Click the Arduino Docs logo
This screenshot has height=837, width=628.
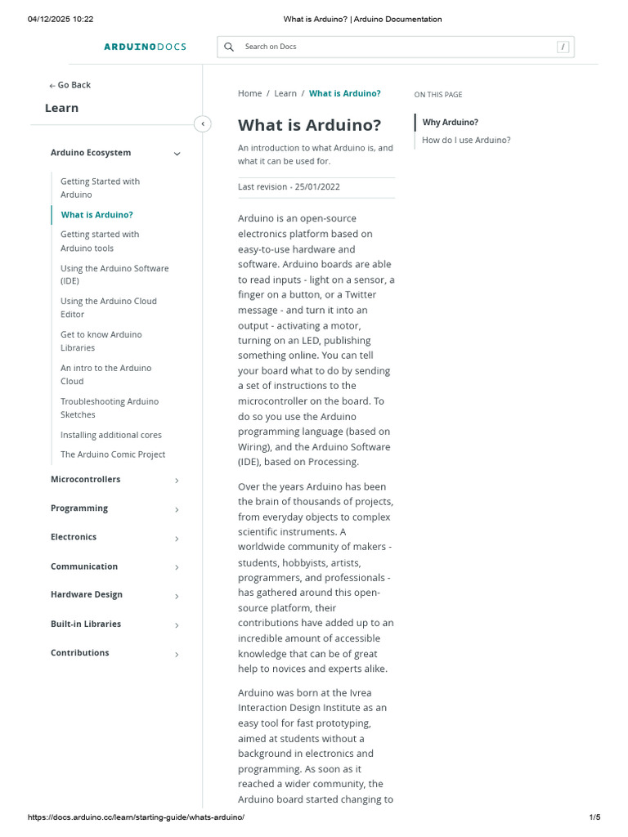(x=145, y=47)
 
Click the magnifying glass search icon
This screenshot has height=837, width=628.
(x=229, y=47)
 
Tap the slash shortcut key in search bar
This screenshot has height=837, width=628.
(x=563, y=47)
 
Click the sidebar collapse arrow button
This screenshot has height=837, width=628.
(x=203, y=124)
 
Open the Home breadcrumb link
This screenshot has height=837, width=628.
(x=249, y=93)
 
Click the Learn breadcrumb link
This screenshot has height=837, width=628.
(x=285, y=93)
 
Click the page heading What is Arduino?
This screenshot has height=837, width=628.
(x=309, y=125)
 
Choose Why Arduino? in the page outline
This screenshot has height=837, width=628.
(x=450, y=123)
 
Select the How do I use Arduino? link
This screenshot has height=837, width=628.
(x=466, y=140)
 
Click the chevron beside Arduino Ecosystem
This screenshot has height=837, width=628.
(x=177, y=154)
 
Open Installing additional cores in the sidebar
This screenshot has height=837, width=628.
(x=111, y=435)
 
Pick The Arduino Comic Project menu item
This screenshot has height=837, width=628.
(x=113, y=454)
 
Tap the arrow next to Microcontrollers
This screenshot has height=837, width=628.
(x=177, y=481)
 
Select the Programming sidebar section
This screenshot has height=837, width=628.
(x=79, y=508)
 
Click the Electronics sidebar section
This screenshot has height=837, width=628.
(x=74, y=537)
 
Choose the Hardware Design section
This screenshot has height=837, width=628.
(x=87, y=594)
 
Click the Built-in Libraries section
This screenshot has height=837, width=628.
(x=86, y=624)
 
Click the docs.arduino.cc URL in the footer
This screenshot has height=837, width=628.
(x=136, y=817)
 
